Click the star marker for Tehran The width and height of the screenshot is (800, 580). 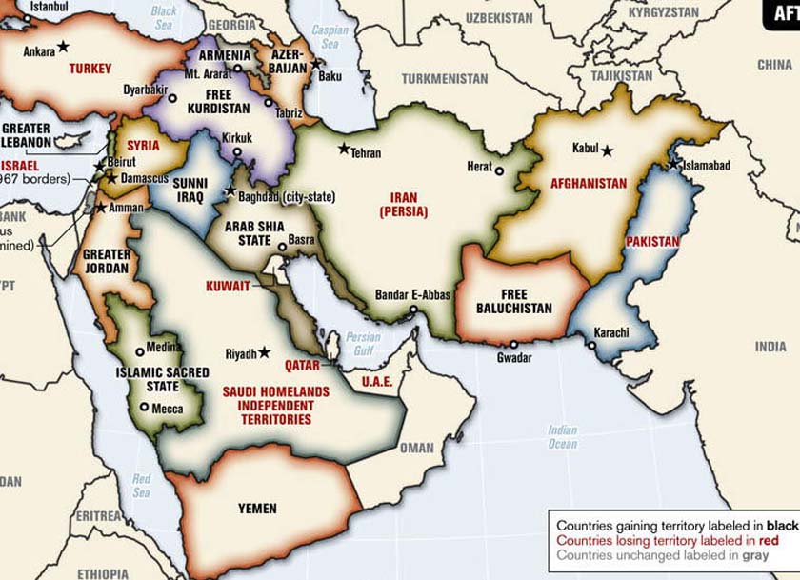[x=344, y=149]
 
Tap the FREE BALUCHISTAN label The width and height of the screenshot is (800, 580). [x=515, y=302]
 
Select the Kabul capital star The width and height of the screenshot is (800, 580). [x=606, y=149]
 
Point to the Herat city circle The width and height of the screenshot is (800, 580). [x=500, y=170]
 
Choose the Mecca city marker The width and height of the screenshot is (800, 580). [x=144, y=408]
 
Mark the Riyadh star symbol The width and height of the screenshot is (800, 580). [x=264, y=353]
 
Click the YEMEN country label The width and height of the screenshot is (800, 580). [x=256, y=509]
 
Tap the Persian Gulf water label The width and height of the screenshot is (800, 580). [x=363, y=343]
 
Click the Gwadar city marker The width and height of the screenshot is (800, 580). [x=513, y=345]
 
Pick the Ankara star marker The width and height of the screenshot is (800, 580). [x=63, y=46]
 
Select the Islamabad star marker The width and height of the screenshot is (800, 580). [x=673, y=164]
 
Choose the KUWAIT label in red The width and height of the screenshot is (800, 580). [x=229, y=286]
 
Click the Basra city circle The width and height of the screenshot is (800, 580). [x=282, y=248]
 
